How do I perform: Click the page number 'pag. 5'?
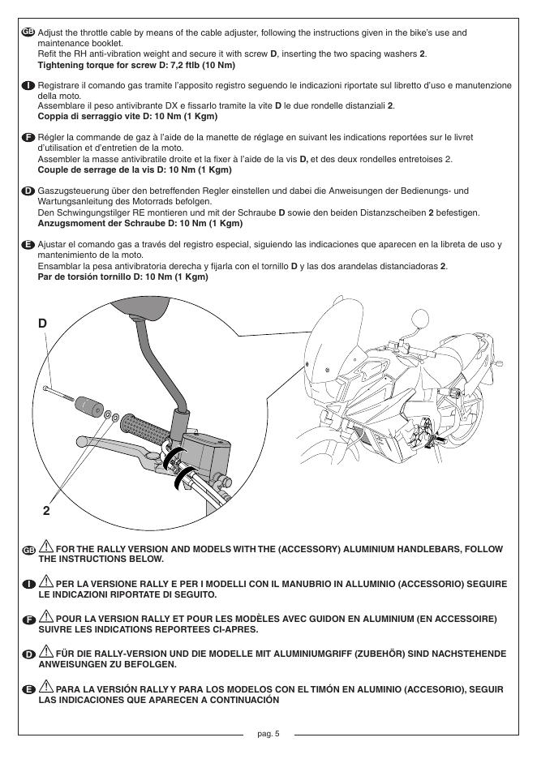click(268, 734)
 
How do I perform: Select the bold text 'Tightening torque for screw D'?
click(105, 63)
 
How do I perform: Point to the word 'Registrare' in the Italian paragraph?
click(61, 84)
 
